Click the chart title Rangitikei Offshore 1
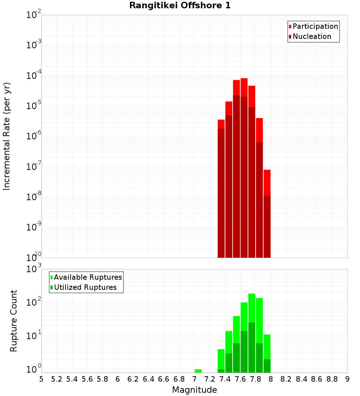180,6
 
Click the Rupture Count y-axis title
14,320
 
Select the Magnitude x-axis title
194,390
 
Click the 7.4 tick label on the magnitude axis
225,379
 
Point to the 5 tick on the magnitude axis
41,379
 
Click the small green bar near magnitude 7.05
198,371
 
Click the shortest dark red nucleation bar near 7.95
267,227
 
